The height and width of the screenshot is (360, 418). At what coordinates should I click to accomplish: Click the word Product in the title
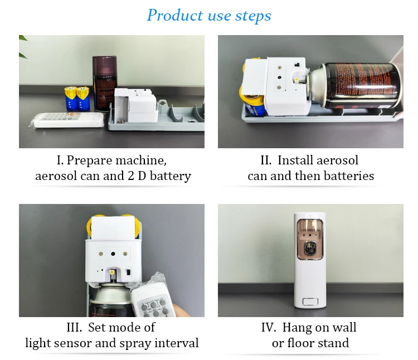tap(174, 15)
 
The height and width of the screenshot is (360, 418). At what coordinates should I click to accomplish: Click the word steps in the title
tap(252, 16)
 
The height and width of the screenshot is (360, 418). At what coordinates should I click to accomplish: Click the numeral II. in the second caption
tap(266, 160)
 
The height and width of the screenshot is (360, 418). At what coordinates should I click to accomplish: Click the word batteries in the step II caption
tap(349, 176)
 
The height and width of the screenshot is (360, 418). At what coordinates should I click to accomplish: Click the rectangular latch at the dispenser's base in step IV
tap(310, 303)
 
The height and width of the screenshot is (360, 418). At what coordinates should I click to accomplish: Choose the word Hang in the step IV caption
tap(298, 327)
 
